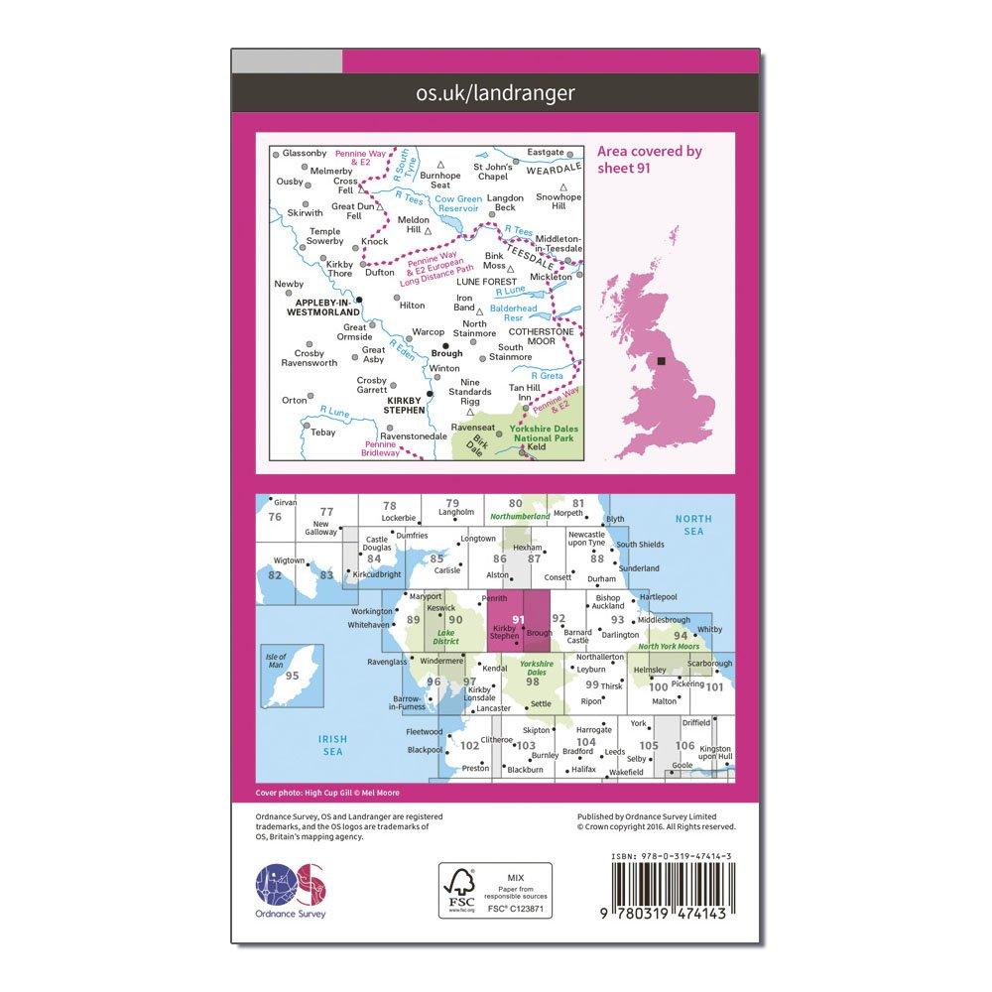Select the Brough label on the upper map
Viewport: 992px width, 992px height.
click(x=448, y=353)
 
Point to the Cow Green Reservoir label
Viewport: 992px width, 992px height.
click(x=457, y=204)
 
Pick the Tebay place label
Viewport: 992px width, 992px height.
click(x=323, y=433)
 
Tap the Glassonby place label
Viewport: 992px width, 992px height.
click(x=304, y=153)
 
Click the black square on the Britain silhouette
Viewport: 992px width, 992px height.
click(x=663, y=361)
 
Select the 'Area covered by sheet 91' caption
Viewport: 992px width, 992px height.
click(x=650, y=159)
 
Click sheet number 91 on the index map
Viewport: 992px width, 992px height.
click(x=519, y=619)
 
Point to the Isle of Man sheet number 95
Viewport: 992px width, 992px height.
click(x=292, y=676)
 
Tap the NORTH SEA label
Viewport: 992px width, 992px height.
click(x=693, y=525)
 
